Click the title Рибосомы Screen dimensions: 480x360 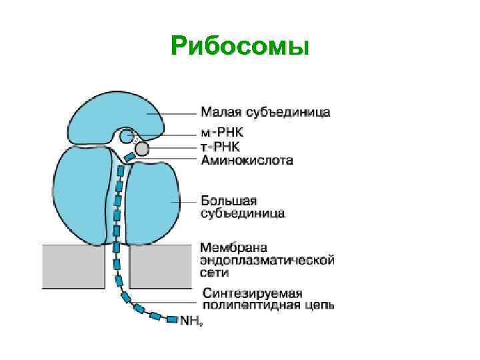(x=240, y=46)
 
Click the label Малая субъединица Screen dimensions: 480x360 (x=265, y=111)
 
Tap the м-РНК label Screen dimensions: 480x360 (x=223, y=132)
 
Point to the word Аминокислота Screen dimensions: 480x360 (x=247, y=160)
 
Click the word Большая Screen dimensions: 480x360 (x=229, y=201)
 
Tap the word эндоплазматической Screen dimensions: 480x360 (x=267, y=260)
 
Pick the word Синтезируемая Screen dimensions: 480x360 (x=252, y=293)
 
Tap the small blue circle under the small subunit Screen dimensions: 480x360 (x=127, y=137)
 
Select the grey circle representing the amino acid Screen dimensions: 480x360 (x=141, y=148)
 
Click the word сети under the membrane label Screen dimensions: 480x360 (x=213, y=273)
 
